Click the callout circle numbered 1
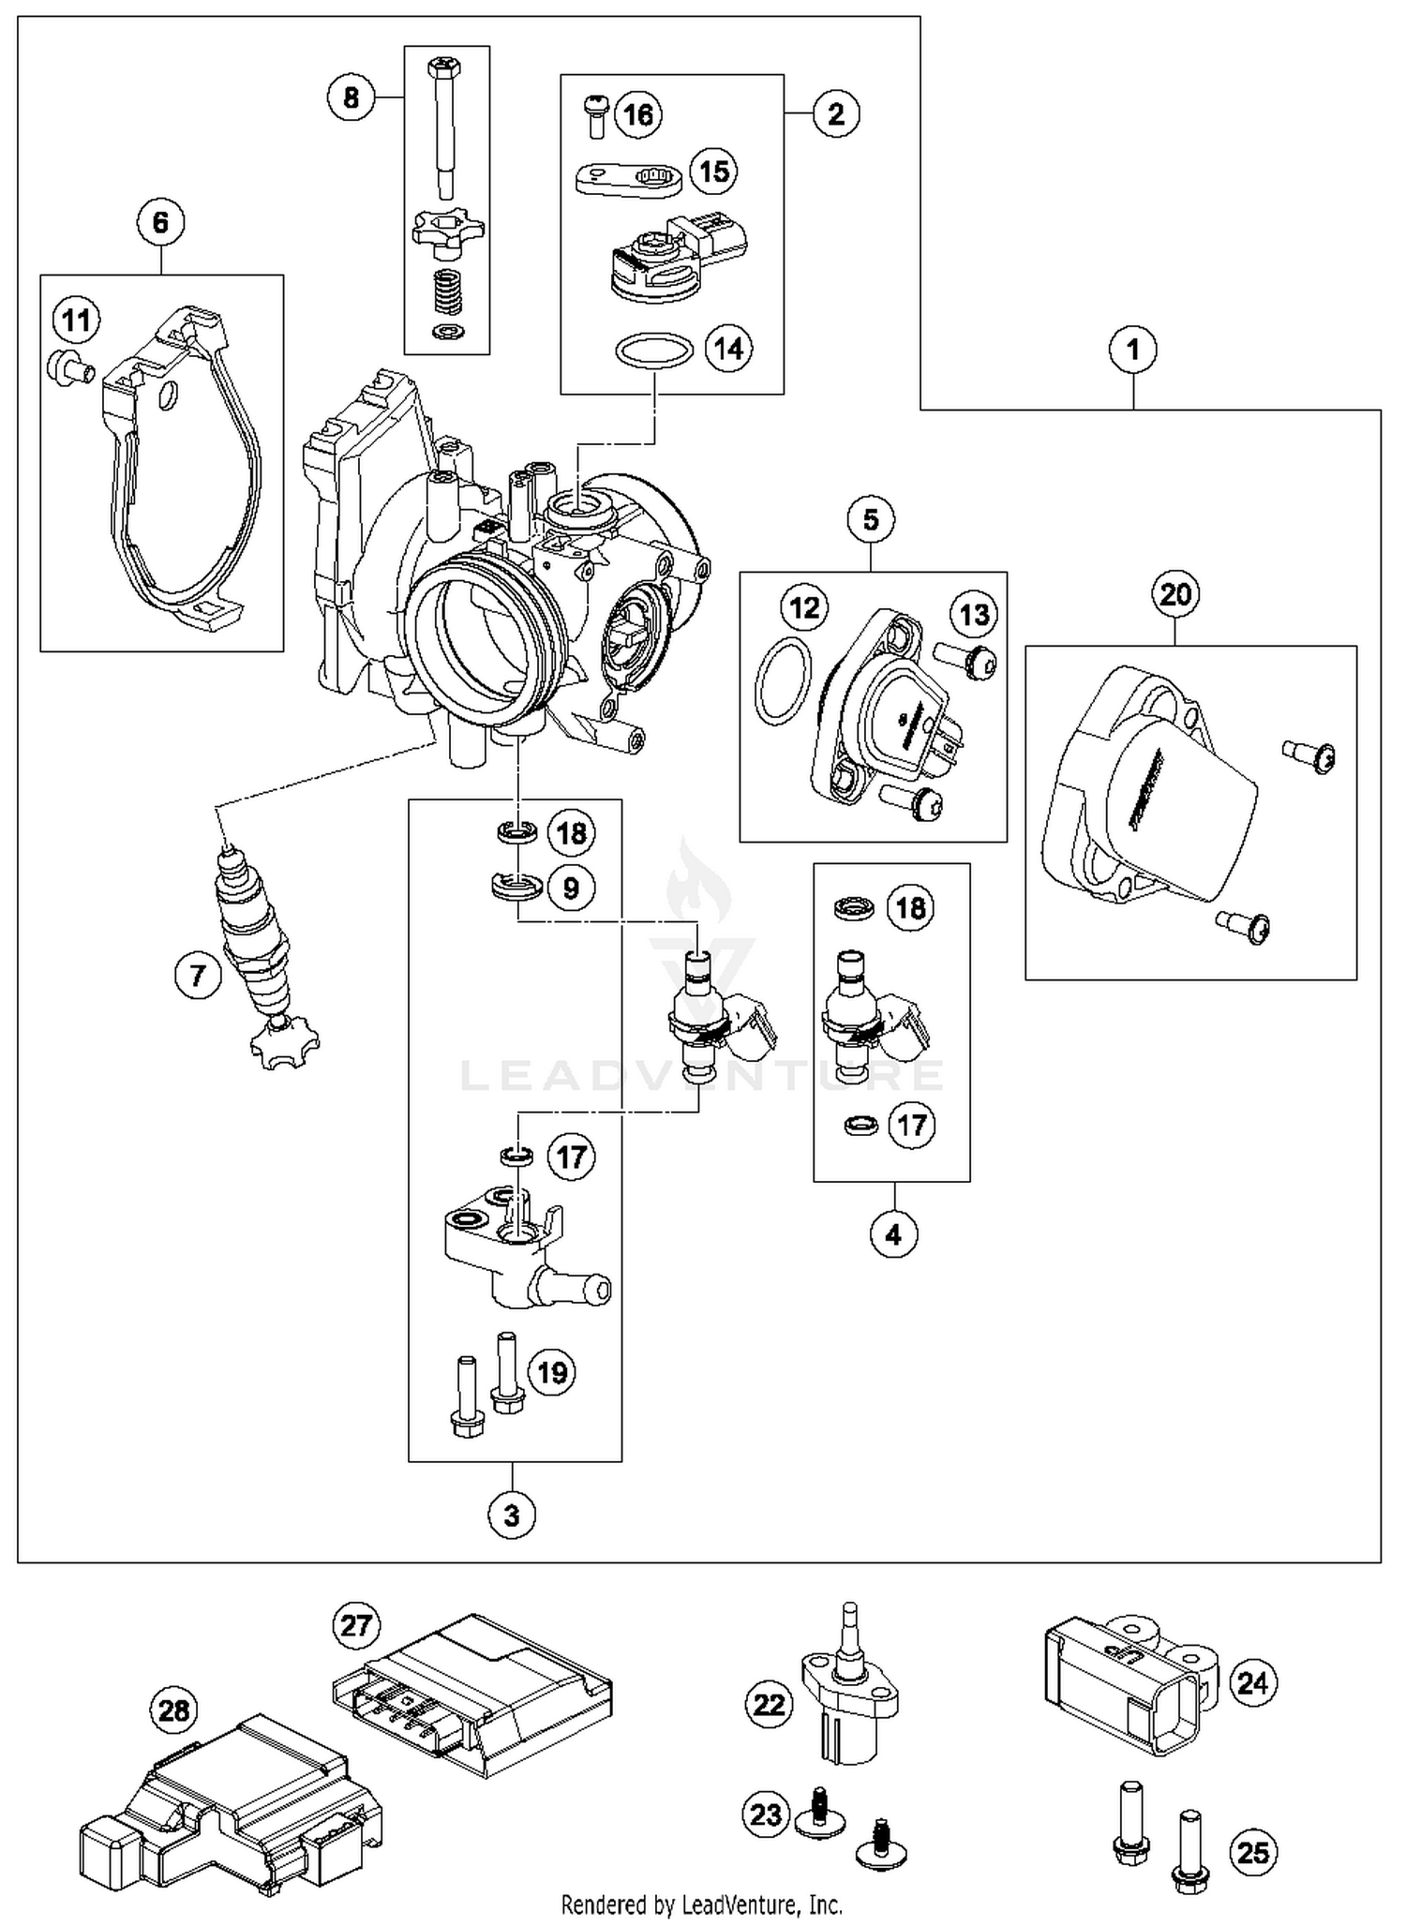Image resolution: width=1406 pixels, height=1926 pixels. pos(1132,350)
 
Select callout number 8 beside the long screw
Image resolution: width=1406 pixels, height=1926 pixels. pos(351,97)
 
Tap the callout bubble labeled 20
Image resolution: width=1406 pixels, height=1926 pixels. pos(1175,594)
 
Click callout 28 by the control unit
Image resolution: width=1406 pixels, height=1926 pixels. pos(174,1711)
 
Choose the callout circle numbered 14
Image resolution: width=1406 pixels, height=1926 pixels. pos(728,349)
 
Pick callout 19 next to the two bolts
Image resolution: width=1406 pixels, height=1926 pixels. pos(552,1373)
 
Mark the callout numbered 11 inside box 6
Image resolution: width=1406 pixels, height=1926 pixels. pos(76,321)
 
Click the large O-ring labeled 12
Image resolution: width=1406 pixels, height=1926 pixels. pos(783,680)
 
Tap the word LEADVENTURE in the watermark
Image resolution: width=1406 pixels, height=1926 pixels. pos(703,1075)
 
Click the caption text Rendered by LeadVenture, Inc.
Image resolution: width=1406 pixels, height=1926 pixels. pos(701,1904)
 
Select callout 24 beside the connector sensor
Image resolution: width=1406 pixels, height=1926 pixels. pos(1252,1683)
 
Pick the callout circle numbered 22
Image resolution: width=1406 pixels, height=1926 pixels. pos(770,1704)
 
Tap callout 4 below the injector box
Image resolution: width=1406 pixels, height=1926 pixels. pos(893,1234)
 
